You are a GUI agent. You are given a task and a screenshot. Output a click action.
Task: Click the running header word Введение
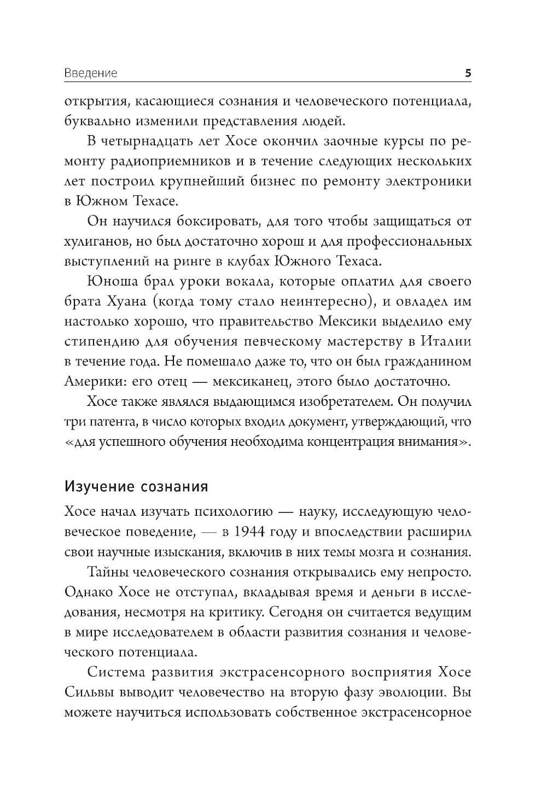tap(90, 73)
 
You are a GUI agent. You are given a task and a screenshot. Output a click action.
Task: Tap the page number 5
tap(468, 73)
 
